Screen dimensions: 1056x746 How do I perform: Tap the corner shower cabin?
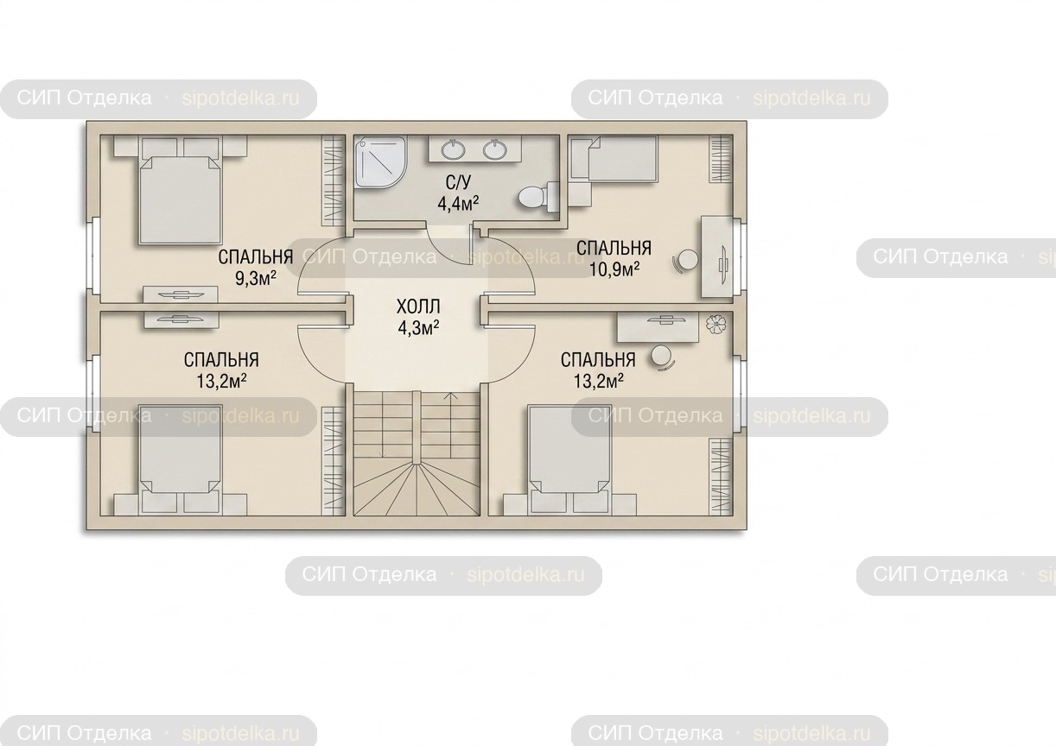coord(380,161)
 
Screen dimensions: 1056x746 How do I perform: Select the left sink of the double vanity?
coord(454,149)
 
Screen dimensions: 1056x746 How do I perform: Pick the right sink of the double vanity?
coord(494,149)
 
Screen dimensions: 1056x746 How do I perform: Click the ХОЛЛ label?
coord(418,307)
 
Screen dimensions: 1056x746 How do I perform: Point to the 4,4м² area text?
coord(458,204)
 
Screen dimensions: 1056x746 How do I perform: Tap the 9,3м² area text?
coord(256,278)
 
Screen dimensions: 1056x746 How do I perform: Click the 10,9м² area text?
coord(614,269)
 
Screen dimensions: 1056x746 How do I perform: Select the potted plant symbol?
coord(716,324)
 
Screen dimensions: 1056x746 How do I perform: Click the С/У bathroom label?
coord(458,182)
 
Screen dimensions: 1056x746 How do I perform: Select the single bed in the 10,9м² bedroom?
coord(613,158)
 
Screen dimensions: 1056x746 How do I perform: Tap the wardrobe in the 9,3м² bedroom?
coord(334,180)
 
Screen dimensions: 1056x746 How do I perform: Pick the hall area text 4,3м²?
coord(418,328)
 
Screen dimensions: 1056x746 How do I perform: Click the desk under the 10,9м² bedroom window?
coord(717,256)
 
